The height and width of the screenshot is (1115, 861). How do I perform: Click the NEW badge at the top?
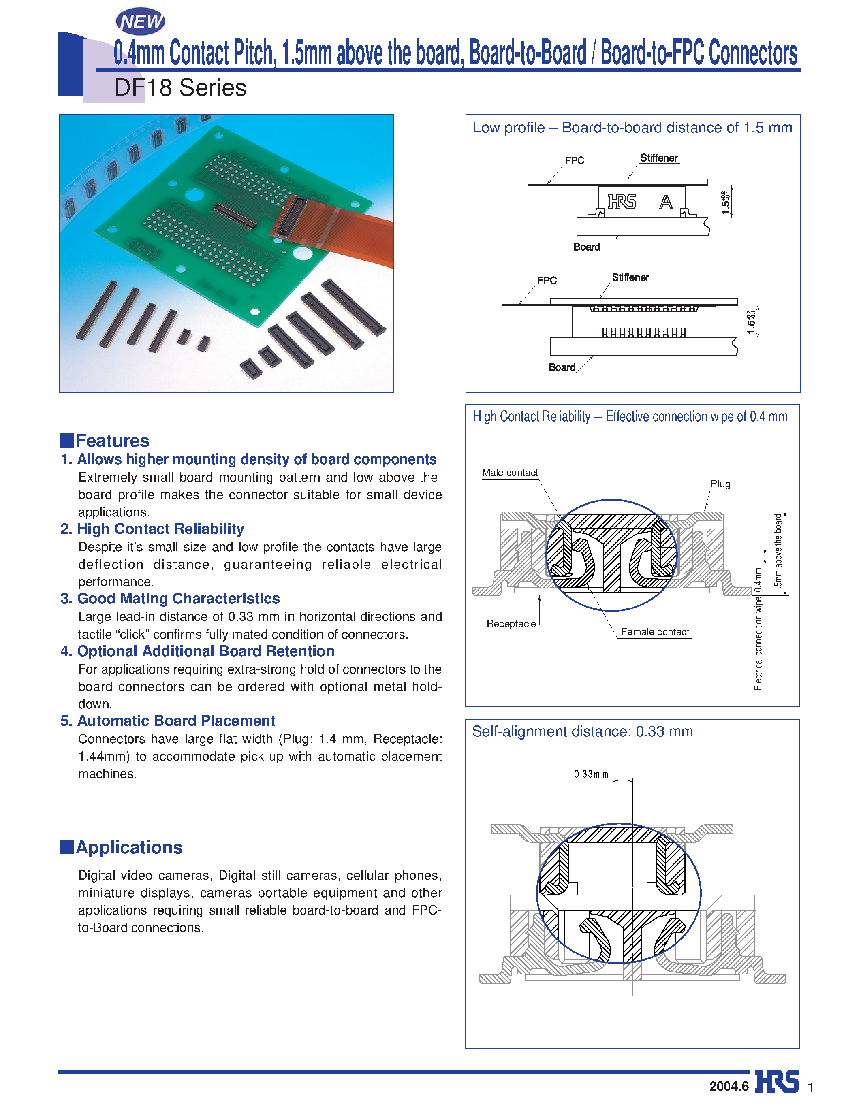pos(141,21)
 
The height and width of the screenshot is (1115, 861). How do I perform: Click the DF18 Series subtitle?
pos(180,88)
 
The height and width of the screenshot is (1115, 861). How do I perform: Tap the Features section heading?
pos(112,441)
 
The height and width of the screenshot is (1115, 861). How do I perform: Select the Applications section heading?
pos(129,847)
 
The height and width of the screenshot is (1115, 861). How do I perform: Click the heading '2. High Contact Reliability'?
pos(152,529)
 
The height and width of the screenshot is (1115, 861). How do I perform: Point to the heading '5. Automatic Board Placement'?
pos(168,721)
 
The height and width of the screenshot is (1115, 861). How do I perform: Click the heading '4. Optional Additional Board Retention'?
pos(198,651)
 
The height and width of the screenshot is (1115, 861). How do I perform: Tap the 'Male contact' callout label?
pos(510,473)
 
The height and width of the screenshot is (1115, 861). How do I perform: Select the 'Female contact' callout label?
pos(655,632)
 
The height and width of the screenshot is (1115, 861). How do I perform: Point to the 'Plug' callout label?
pos(720,484)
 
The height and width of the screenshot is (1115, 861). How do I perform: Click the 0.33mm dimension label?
pos(591,774)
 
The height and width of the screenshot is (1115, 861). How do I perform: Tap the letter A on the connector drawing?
pos(665,203)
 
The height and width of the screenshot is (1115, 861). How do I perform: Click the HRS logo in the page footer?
pos(777,1082)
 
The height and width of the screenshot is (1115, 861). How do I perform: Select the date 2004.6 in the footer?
pos(729,1086)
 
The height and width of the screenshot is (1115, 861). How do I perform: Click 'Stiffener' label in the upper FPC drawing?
pos(659,158)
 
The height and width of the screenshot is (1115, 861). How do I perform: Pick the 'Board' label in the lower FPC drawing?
pos(562,368)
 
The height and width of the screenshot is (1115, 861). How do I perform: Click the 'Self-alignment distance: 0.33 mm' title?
pos(582,731)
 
